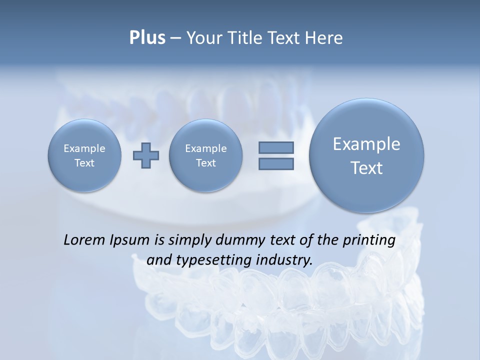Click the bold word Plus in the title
[x=147, y=38]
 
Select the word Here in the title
[x=325, y=38]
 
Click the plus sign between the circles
[x=146, y=155]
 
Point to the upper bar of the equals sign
[x=276, y=147]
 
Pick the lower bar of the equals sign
[x=276, y=163]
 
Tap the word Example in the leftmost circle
[x=84, y=148]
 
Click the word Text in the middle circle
[x=205, y=163]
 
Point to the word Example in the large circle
[x=366, y=144]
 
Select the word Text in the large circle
[x=366, y=168]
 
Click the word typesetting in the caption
[x=210, y=260]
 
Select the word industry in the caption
[x=284, y=260]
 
